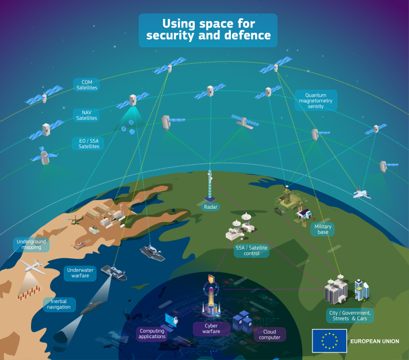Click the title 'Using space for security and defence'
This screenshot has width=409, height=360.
pos(208,30)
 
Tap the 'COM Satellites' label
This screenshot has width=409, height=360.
pos(86,85)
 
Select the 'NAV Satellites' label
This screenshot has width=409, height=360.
pos(86,115)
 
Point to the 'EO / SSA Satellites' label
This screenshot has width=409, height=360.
pos(88,144)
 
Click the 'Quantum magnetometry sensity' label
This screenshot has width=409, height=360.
pos(315,101)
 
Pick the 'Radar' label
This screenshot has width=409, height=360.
pos(210,207)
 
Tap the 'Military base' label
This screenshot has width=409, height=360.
pos(323,229)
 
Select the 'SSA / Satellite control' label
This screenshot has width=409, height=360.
pos(252,251)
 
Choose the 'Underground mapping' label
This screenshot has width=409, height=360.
pos(31,244)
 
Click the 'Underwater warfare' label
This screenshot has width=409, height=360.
pos(80,273)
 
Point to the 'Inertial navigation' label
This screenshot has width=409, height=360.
pos(59,304)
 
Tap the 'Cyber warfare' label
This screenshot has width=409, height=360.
pos(211,329)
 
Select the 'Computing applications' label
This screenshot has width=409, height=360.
pos(152,334)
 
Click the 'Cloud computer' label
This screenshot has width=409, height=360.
pos(270,335)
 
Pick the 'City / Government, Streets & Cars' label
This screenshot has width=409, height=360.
pos(350,316)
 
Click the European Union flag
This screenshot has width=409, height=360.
pos(330,340)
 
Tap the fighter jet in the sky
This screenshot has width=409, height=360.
pos(361,193)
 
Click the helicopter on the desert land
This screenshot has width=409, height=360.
pos(76,220)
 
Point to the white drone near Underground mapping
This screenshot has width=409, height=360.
pos(33,266)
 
